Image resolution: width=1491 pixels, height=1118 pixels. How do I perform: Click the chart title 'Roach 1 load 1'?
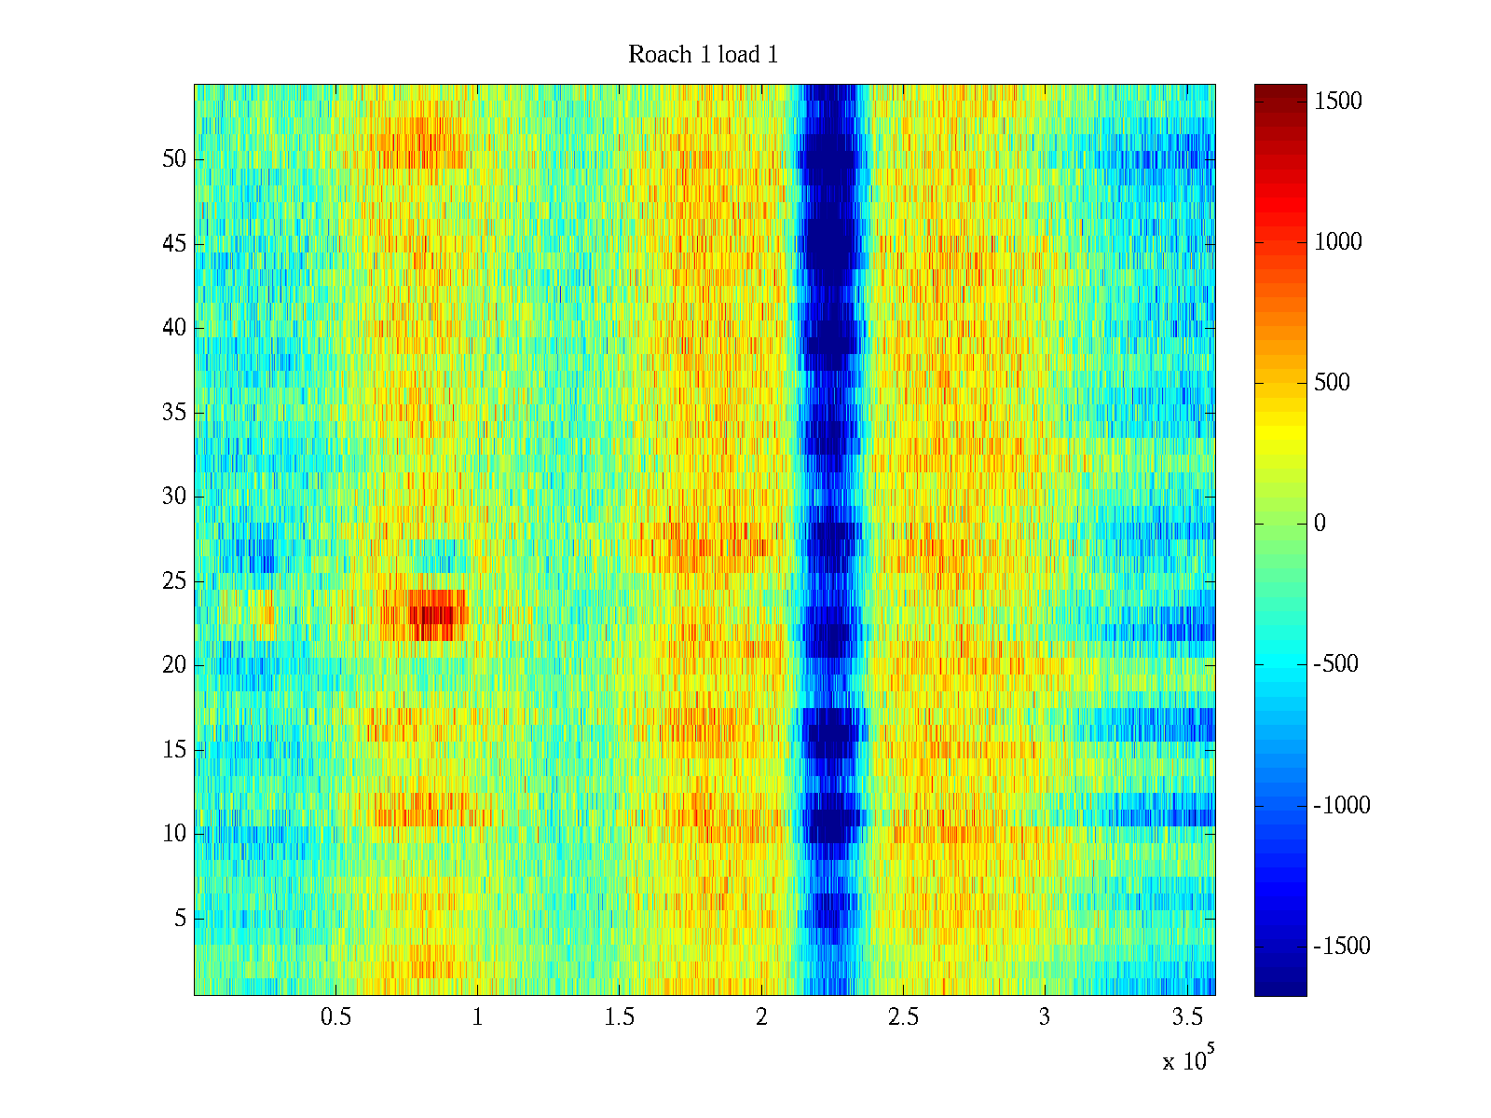[x=703, y=55]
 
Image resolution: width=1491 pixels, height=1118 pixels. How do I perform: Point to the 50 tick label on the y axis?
[x=174, y=159]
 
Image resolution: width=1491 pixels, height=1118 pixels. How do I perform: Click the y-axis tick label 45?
[x=174, y=244]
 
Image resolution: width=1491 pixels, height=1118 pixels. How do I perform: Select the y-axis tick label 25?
[x=174, y=581]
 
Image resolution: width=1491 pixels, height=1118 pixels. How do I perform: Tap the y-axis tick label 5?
[x=180, y=919]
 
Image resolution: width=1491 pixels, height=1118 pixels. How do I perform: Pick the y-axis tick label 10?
[x=174, y=834]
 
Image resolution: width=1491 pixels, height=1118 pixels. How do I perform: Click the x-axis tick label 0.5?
[x=335, y=1017]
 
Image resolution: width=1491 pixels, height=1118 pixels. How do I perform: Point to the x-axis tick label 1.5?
[x=619, y=1017]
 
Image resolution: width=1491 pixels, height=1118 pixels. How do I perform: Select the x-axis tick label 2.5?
[x=903, y=1017]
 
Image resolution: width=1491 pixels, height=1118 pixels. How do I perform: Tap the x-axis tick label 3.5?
[x=1186, y=1017]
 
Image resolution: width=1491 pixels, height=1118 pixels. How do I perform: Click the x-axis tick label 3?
[x=1045, y=1017]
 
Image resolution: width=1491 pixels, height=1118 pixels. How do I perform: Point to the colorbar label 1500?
[x=1338, y=102]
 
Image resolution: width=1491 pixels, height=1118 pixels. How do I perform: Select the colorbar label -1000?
[x=1342, y=806]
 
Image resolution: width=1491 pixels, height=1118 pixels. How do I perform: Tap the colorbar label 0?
[x=1320, y=524]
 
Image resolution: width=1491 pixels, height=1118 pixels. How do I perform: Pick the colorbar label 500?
[x=1333, y=383]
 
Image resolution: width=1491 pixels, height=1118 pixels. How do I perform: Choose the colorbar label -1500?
[x=1342, y=947]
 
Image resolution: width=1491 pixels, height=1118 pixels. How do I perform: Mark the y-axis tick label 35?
[x=174, y=413]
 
